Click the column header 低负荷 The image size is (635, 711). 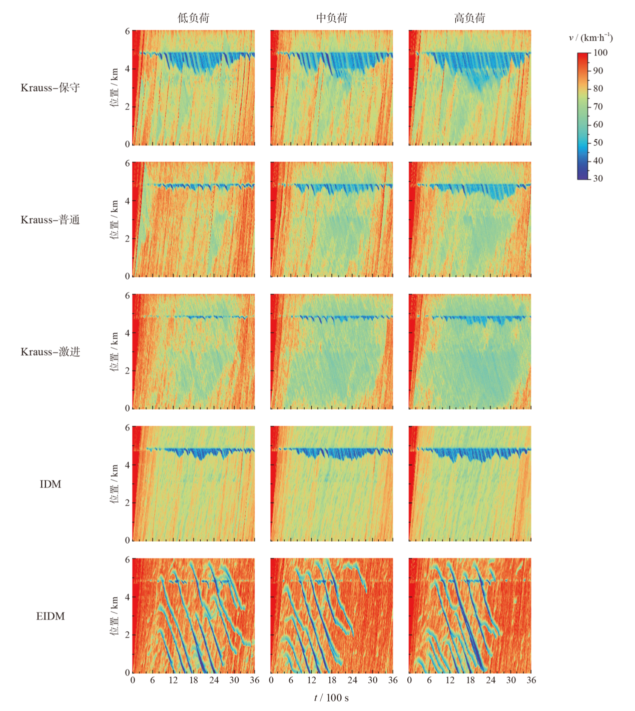pyautogui.click(x=194, y=18)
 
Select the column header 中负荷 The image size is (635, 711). pyautogui.click(x=332, y=18)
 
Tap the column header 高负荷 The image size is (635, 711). pyautogui.click(x=470, y=18)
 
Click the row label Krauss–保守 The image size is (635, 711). pyautogui.click(x=50, y=88)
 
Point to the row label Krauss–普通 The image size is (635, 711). pyautogui.click(x=50, y=220)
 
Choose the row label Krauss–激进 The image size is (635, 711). pyautogui.click(x=50, y=352)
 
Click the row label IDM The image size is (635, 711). pyautogui.click(x=50, y=484)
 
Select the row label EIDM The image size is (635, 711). pyautogui.click(x=50, y=616)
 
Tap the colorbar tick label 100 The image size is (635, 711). pyautogui.click(x=600, y=52)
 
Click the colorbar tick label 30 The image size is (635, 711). pyautogui.click(x=598, y=178)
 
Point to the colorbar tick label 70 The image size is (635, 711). pyautogui.click(x=598, y=106)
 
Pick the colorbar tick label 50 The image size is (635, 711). pyautogui.click(x=598, y=142)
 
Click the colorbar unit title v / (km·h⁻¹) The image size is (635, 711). pyautogui.click(x=590, y=37)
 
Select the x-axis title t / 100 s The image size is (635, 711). pyautogui.click(x=331, y=698)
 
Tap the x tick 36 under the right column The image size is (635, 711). pyautogui.click(x=531, y=680)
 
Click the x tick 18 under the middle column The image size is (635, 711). pyautogui.click(x=332, y=680)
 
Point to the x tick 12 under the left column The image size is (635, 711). pyautogui.click(x=173, y=680)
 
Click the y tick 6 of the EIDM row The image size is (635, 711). pyautogui.click(x=127, y=559)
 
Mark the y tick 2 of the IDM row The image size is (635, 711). pyautogui.click(x=127, y=502)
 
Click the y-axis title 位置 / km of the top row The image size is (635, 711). pyautogui.click(x=115, y=87)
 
